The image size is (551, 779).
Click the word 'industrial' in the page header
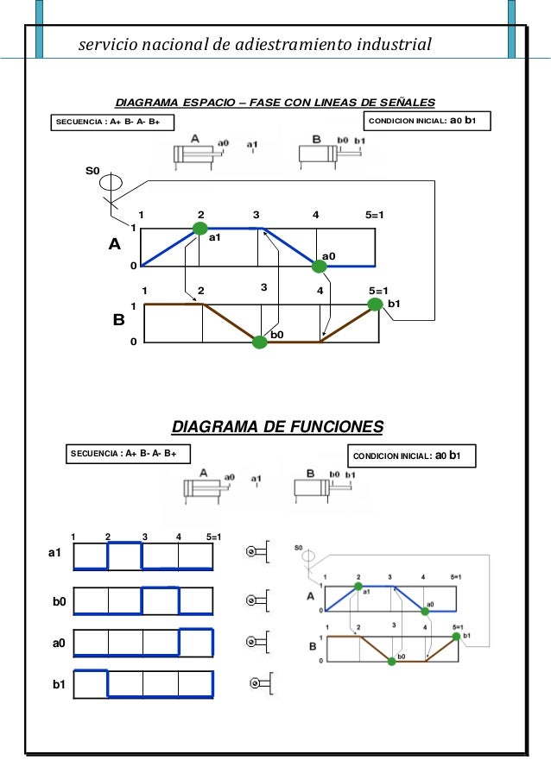pyautogui.click(x=391, y=43)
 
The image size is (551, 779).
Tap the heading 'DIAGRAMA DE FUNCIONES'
pyautogui.click(x=277, y=427)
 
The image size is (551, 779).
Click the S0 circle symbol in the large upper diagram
pyautogui.click(x=110, y=184)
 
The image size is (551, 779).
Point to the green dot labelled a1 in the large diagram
pyautogui.click(x=200, y=228)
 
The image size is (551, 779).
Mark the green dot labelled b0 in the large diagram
pyautogui.click(x=259, y=342)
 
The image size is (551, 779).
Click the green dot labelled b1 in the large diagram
pyautogui.click(x=376, y=304)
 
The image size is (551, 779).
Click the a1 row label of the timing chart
pyautogui.click(x=56, y=553)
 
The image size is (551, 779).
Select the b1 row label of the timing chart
pyautogui.click(x=59, y=684)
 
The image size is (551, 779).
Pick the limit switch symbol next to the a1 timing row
pyautogui.click(x=257, y=551)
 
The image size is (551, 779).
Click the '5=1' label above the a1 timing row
pyautogui.click(x=214, y=537)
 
